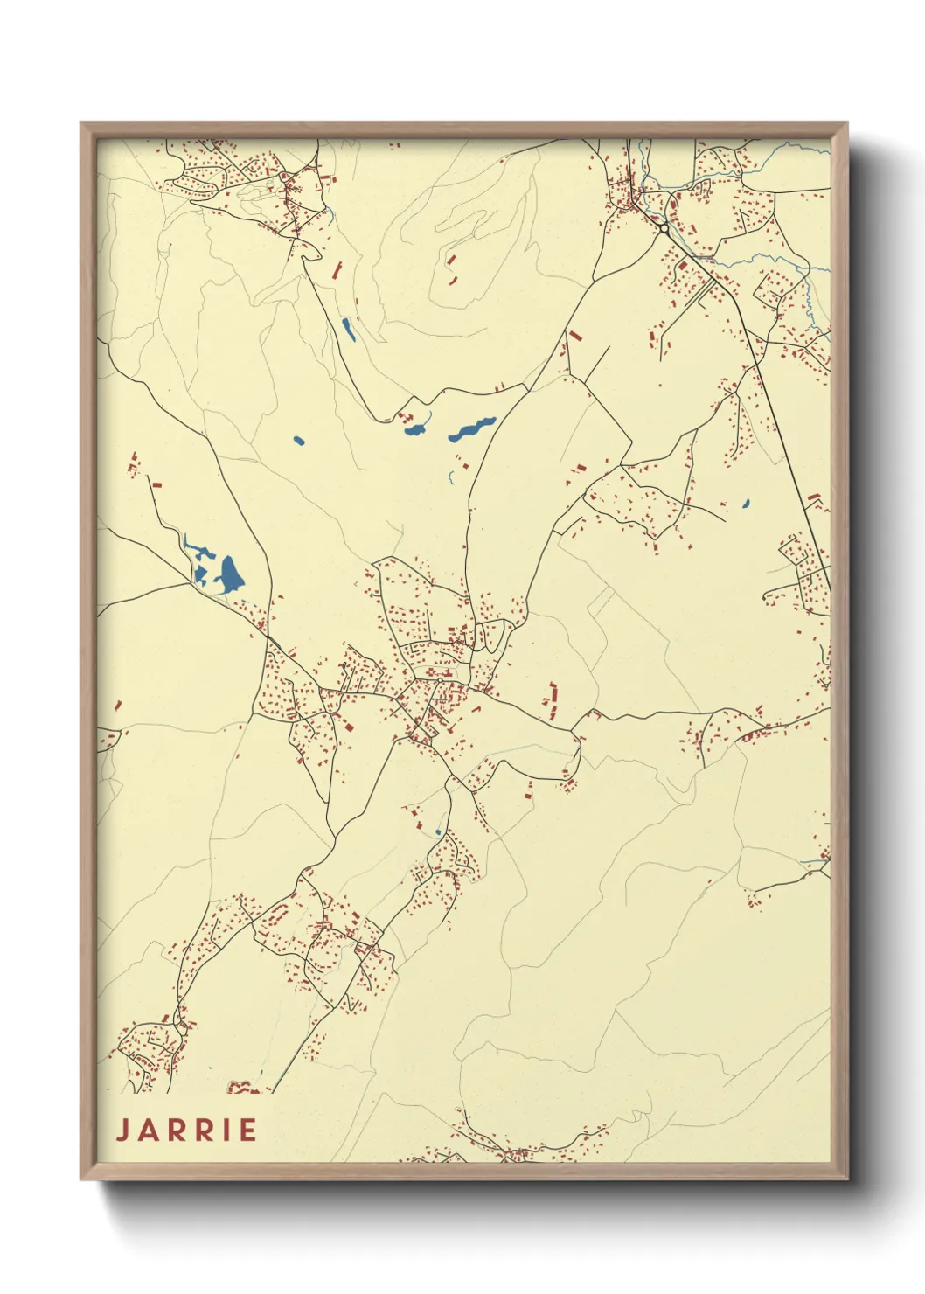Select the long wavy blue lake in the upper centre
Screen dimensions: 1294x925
click(472, 428)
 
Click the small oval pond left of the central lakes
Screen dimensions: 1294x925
click(299, 440)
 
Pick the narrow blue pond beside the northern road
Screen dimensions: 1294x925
click(348, 329)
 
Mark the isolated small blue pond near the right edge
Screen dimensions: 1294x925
click(746, 504)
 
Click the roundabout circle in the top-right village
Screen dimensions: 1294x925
click(664, 229)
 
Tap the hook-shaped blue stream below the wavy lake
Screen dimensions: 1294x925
click(451, 477)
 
